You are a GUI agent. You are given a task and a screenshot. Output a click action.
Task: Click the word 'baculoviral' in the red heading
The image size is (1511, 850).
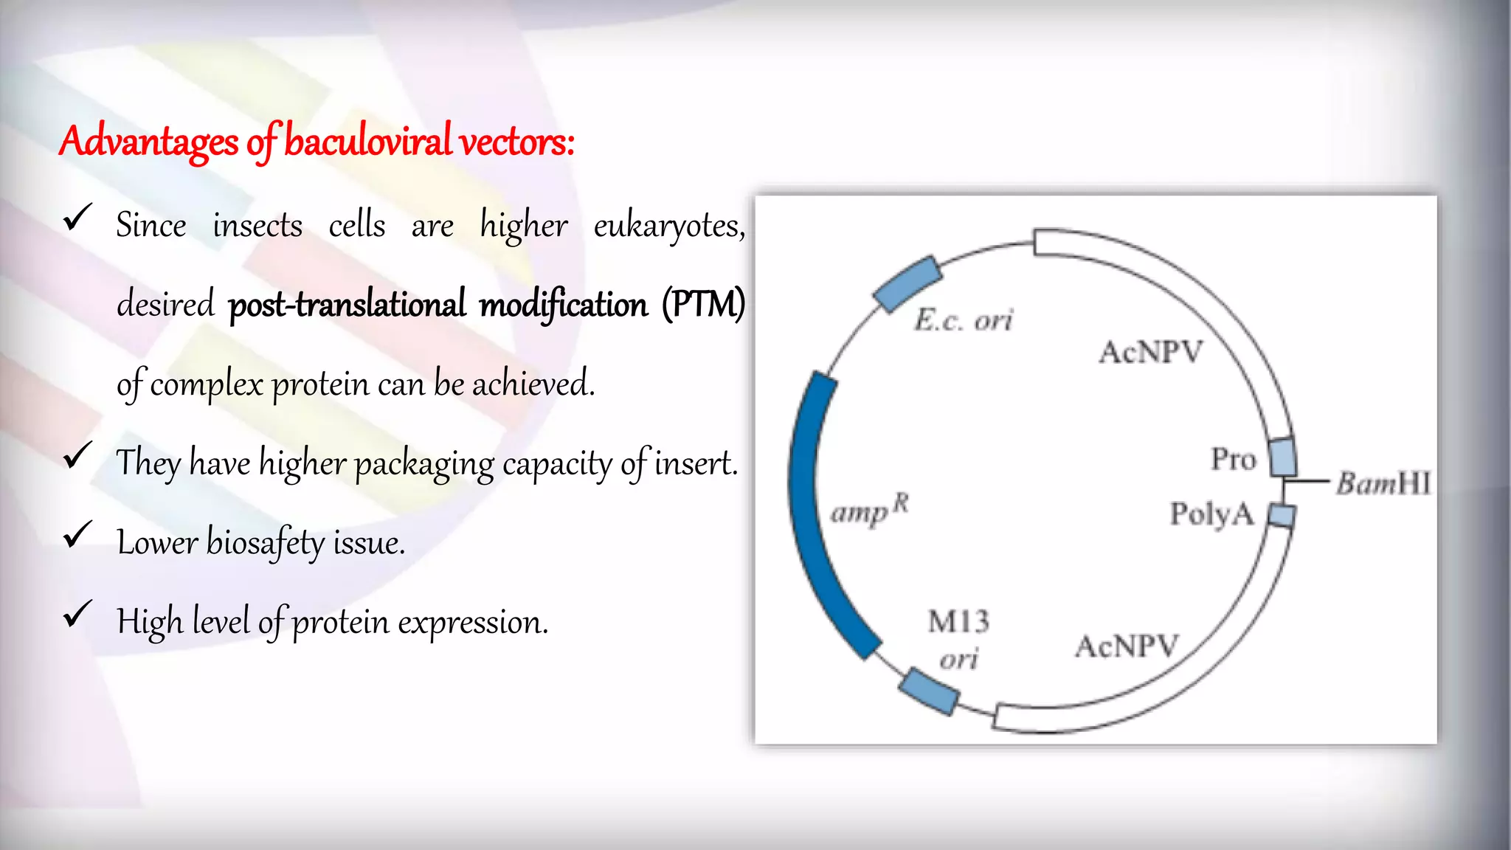coord(367,141)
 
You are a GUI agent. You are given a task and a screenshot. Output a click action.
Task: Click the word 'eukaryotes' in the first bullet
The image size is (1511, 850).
coord(668,226)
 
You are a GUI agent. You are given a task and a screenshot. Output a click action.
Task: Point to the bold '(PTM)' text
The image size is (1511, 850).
coord(703,305)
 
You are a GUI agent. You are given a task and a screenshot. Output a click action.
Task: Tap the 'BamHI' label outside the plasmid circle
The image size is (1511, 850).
coord(1383,483)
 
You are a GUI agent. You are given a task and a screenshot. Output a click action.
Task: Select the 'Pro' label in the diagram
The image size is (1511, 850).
coord(1233,459)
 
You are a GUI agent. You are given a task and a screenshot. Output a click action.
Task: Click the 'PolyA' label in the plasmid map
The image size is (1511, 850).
coord(1211,514)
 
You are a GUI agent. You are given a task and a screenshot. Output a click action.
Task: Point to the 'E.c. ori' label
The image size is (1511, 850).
coord(964,320)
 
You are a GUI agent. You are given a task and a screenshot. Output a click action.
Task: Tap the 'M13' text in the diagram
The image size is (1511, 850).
coord(958,622)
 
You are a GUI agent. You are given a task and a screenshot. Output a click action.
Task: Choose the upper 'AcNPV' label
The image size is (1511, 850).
coord(1151,352)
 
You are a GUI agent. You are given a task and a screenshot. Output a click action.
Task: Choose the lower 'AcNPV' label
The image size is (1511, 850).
coord(1127,646)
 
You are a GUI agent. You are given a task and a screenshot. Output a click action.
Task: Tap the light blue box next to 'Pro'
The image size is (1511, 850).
coord(1282,457)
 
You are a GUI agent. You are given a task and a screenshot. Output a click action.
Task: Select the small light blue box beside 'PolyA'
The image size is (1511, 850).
coord(1282,515)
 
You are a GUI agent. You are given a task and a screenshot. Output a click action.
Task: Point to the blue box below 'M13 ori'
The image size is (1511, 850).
coord(929,691)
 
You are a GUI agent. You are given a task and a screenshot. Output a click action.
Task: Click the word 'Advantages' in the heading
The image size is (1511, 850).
coord(148,141)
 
